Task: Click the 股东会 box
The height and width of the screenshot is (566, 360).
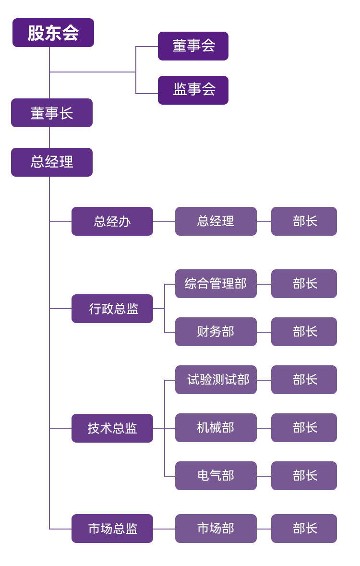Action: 53,33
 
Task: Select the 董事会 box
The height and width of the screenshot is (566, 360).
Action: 193,46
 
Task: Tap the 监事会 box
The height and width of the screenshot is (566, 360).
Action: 193,90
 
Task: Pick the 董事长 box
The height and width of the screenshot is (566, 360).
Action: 52,113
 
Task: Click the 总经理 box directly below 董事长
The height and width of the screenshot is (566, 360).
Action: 52,162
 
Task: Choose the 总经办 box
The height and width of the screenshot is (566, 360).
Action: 112,221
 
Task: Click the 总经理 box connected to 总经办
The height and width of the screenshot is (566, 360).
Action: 216,221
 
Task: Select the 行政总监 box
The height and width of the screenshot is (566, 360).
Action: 112,309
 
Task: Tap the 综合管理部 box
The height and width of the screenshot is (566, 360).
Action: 216,284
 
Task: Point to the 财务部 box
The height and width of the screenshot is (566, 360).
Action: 216,332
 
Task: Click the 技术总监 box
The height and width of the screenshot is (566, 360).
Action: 112,428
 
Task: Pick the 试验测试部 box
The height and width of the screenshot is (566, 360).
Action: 216,380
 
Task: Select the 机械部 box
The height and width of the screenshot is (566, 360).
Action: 216,428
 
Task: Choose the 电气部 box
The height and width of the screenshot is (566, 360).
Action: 216,476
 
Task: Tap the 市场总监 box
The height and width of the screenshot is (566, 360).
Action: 112,529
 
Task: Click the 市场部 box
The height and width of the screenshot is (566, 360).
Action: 216,529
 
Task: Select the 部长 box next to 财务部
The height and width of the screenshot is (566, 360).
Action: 304,332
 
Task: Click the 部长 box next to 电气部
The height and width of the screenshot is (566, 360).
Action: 304,476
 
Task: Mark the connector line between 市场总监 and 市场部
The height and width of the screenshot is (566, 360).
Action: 164,529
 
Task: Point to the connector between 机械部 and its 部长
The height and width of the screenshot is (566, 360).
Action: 264,428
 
